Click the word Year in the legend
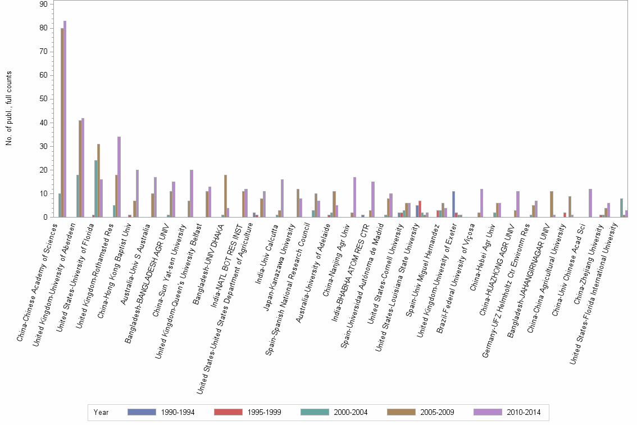coord(102,412)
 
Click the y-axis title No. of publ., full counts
coord(9,108)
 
